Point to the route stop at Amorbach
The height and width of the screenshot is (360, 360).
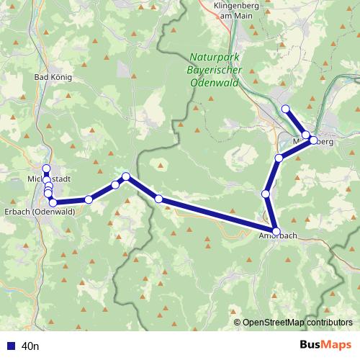(x=276, y=231)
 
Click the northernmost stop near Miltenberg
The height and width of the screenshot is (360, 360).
(x=285, y=109)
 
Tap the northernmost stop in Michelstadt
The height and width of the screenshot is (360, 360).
(x=47, y=168)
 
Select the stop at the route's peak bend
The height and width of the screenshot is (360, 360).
(x=126, y=176)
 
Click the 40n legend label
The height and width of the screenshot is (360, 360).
(x=30, y=346)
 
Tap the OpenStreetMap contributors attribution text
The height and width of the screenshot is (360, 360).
(x=297, y=323)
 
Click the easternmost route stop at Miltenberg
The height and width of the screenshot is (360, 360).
(x=314, y=140)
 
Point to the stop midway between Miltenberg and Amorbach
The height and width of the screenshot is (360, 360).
(x=266, y=194)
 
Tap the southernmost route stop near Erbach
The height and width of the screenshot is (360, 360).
(x=53, y=202)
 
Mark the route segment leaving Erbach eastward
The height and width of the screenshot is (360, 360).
(x=71, y=201)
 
